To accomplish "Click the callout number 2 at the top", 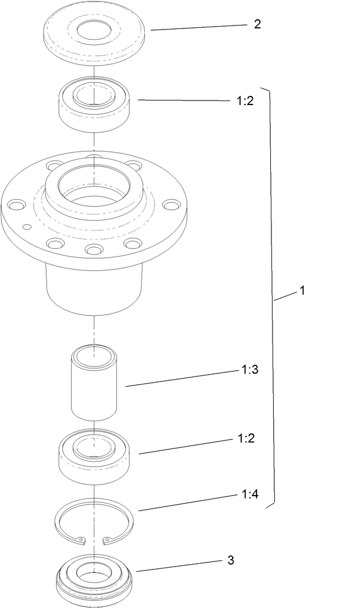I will (x=257, y=24).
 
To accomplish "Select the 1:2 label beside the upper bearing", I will (x=246, y=101).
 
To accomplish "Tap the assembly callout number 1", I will (x=302, y=291).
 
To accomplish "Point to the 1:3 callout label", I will (x=250, y=370).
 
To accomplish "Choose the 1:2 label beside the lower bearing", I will (x=246, y=438).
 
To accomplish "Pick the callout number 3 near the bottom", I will (x=231, y=560).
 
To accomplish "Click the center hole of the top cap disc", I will (x=95, y=31).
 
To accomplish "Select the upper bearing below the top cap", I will (x=95, y=105).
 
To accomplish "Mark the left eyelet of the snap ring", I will (x=82, y=540).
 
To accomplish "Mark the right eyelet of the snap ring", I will (x=105, y=540).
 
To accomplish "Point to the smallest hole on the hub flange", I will (x=26, y=227).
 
